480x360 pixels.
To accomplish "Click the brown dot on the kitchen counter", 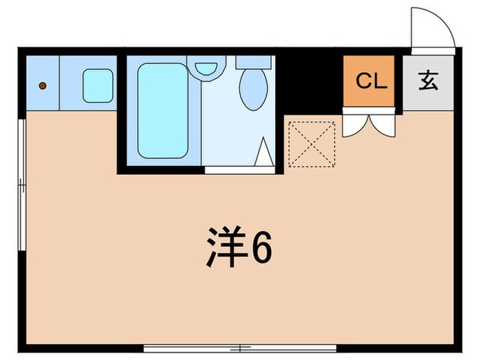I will (x=43, y=86).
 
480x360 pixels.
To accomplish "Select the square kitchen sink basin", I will (x=97, y=86).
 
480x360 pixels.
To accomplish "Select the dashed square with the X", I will (x=311, y=144).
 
